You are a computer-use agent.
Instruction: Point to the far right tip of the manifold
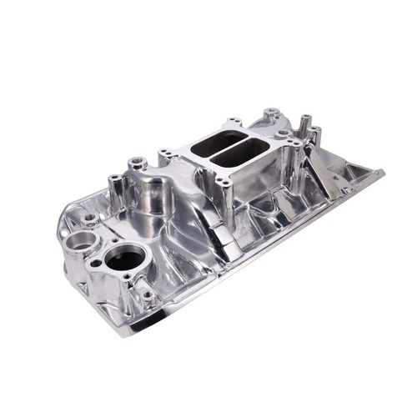coord(383,173)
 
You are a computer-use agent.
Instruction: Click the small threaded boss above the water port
coord(89,219)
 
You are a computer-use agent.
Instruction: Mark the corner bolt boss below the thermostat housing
coord(148,294)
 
